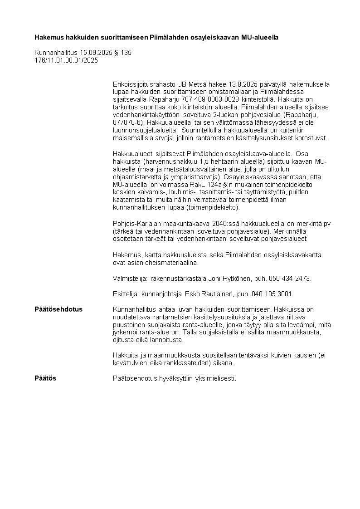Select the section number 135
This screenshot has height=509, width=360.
tap(126, 53)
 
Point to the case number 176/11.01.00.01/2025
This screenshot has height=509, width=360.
tap(66, 60)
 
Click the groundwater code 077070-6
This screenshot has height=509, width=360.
tap(129, 122)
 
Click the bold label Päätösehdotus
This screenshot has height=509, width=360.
tap(58, 309)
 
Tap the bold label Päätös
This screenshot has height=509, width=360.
tap(45, 378)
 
